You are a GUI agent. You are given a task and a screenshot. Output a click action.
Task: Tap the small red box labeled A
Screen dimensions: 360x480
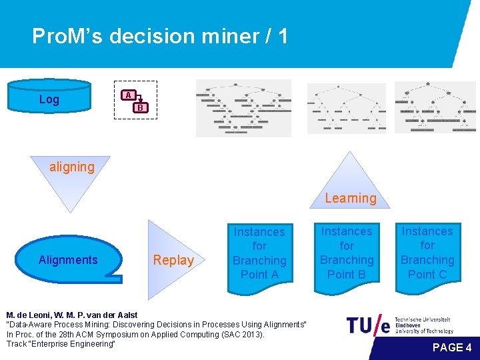pyautogui.click(x=128, y=95)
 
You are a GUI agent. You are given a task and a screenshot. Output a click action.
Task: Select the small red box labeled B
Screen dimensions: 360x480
pyautogui.click(x=140, y=107)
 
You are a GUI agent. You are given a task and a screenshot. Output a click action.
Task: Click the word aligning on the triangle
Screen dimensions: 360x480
pyautogui.click(x=72, y=167)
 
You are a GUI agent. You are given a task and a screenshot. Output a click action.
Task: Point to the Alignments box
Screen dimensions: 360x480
pyautogui.click(x=68, y=260)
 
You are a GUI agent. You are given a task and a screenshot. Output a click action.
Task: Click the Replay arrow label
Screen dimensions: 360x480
pyautogui.click(x=173, y=260)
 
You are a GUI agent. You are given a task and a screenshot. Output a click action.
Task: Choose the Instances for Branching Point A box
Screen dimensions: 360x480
pyautogui.click(x=259, y=253)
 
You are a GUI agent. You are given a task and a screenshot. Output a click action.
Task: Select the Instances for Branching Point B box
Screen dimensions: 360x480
pyautogui.click(x=347, y=253)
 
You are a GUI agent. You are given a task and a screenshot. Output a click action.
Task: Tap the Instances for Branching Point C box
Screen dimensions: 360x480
pyautogui.click(x=427, y=253)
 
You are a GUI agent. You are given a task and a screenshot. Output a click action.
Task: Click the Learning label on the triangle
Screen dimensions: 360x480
pyautogui.click(x=351, y=197)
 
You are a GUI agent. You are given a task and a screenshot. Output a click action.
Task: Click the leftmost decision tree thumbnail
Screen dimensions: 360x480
pyautogui.click(x=243, y=108)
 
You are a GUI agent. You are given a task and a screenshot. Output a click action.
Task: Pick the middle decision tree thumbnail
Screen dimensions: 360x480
pyautogui.click(x=346, y=108)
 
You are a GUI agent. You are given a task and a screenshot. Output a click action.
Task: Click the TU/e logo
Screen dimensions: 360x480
pyautogui.click(x=369, y=325)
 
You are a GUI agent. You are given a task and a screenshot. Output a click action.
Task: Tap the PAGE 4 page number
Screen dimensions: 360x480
pyautogui.click(x=452, y=347)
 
